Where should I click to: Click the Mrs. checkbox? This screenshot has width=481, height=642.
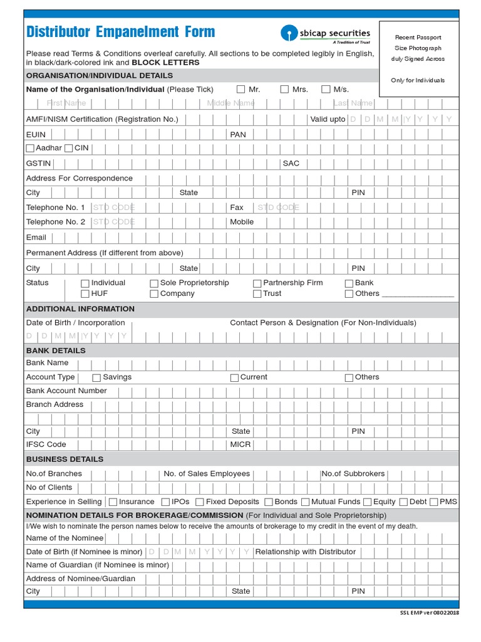(x=284, y=90)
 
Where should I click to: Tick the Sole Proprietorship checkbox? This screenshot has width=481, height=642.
(x=154, y=283)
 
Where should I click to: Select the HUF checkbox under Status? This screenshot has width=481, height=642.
(x=85, y=294)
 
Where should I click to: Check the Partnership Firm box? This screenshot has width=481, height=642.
(x=257, y=283)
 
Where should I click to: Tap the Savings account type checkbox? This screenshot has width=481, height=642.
(x=96, y=378)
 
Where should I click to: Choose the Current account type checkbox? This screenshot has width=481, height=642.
(x=234, y=378)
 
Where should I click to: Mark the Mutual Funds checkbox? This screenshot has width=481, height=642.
(x=306, y=502)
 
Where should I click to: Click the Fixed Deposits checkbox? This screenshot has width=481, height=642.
(x=199, y=502)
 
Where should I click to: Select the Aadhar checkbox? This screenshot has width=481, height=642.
(x=30, y=149)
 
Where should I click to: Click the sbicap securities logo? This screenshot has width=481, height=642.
(x=326, y=34)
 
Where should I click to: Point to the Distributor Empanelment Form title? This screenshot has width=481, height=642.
(x=120, y=32)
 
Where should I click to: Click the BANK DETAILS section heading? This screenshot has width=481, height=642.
(x=56, y=350)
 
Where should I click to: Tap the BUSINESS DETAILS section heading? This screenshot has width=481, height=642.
(x=65, y=459)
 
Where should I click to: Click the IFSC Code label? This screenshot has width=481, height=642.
(x=46, y=445)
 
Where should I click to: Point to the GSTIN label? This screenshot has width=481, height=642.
(x=38, y=163)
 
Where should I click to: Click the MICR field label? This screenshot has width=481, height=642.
(x=240, y=445)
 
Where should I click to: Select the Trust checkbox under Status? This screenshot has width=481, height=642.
(x=257, y=294)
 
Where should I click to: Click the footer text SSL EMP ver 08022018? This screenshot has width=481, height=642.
(x=429, y=613)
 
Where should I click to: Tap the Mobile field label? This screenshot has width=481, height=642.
(x=242, y=222)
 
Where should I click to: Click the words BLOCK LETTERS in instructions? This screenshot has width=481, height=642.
(x=165, y=63)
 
